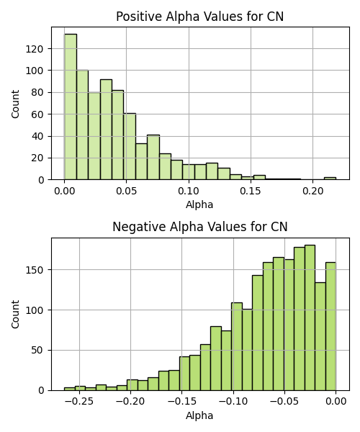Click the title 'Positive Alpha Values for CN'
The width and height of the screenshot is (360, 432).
pos(199,17)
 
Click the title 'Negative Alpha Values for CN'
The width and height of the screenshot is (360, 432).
pos(200,227)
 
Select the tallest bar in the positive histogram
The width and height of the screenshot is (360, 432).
pos(71,107)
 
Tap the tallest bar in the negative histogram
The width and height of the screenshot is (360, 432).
pos(310,318)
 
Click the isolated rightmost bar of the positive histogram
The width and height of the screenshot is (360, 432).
pos(330,179)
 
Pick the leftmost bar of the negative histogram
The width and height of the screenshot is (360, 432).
pos(69,389)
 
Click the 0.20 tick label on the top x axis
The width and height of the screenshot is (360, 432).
pos(313,191)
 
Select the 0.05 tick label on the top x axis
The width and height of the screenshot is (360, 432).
pos(127,191)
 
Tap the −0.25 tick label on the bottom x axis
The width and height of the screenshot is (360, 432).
pos(80,401)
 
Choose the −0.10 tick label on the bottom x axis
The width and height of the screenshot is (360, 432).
pos(233,401)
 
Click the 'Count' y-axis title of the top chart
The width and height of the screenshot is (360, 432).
pos(15,104)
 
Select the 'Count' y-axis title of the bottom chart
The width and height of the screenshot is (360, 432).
pos(15,314)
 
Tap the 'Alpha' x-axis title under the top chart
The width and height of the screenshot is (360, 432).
pos(199,204)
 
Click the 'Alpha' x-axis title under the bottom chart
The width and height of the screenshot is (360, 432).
pos(199,415)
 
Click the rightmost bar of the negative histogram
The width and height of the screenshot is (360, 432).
pos(330,326)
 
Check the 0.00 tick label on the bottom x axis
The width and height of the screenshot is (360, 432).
pos(336,401)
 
